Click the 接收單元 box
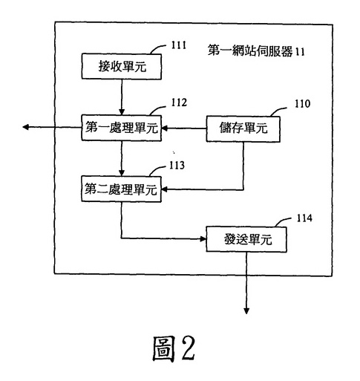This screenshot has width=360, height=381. click(x=122, y=67)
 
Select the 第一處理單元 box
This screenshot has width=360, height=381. click(x=122, y=128)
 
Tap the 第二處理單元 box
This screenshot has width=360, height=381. click(x=121, y=189)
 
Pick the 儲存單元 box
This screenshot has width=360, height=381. click(x=243, y=129)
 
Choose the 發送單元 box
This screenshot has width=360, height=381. click(x=246, y=239)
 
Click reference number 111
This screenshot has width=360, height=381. click(x=179, y=45)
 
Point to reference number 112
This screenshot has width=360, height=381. click(x=179, y=102)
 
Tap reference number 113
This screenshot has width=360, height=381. click(x=177, y=166)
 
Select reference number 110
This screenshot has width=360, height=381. click(x=302, y=104)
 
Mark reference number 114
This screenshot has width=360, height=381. click(x=304, y=218)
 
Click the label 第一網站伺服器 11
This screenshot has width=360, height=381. click(x=256, y=51)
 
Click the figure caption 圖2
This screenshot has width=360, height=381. click(x=174, y=348)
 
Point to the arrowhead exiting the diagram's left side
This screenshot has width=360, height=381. click(x=25, y=127)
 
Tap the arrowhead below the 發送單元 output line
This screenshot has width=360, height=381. click(x=246, y=310)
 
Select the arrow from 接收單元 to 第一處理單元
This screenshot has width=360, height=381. click(x=122, y=97)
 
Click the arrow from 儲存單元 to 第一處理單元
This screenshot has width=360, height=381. click(x=184, y=128)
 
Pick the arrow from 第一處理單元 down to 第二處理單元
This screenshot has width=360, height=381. click(x=122, y=158)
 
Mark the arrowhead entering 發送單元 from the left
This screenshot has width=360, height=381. click(x=203, y=239)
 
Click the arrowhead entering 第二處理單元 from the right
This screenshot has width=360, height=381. click(x=165, y=190)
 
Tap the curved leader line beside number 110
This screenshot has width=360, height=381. click(x=278, y=111)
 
